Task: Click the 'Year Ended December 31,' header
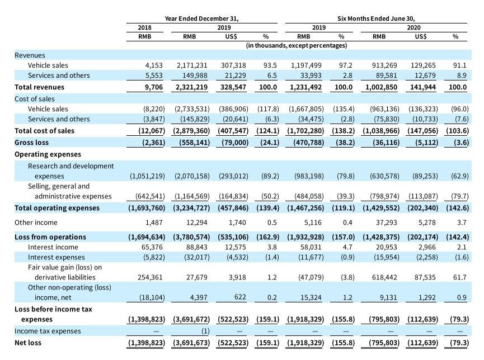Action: coord(202,18)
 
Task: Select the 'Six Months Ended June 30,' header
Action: coord(376,18)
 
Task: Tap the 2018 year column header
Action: coord(144,27)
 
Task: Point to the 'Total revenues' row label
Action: coord(39,87)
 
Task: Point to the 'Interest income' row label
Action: coord(53,247)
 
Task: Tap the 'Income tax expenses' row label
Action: coord(48,331)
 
